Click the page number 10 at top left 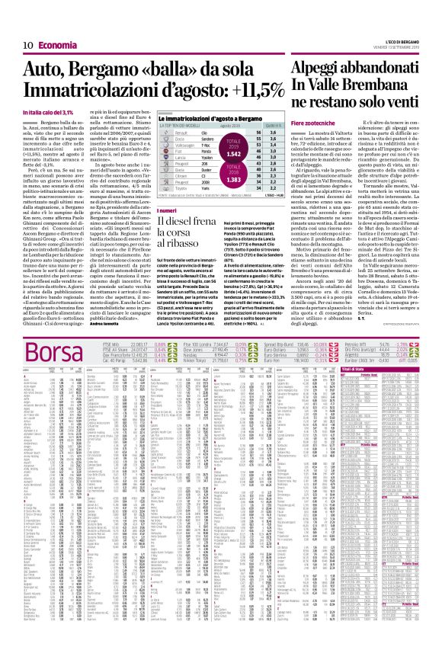coord(14,7)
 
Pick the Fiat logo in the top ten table coord(162,131)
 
